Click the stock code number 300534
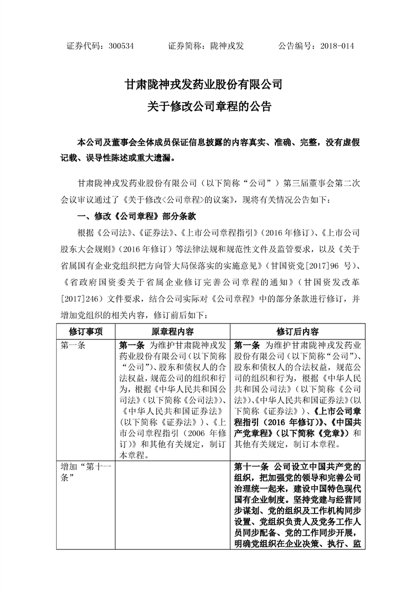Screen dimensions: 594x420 [120, 46]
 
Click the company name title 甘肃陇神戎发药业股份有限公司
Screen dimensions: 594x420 [210, 85]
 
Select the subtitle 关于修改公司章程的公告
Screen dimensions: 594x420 [210, 106]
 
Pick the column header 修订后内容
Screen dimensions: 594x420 [297, 331]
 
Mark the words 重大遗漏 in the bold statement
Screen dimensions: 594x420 [156, 157]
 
